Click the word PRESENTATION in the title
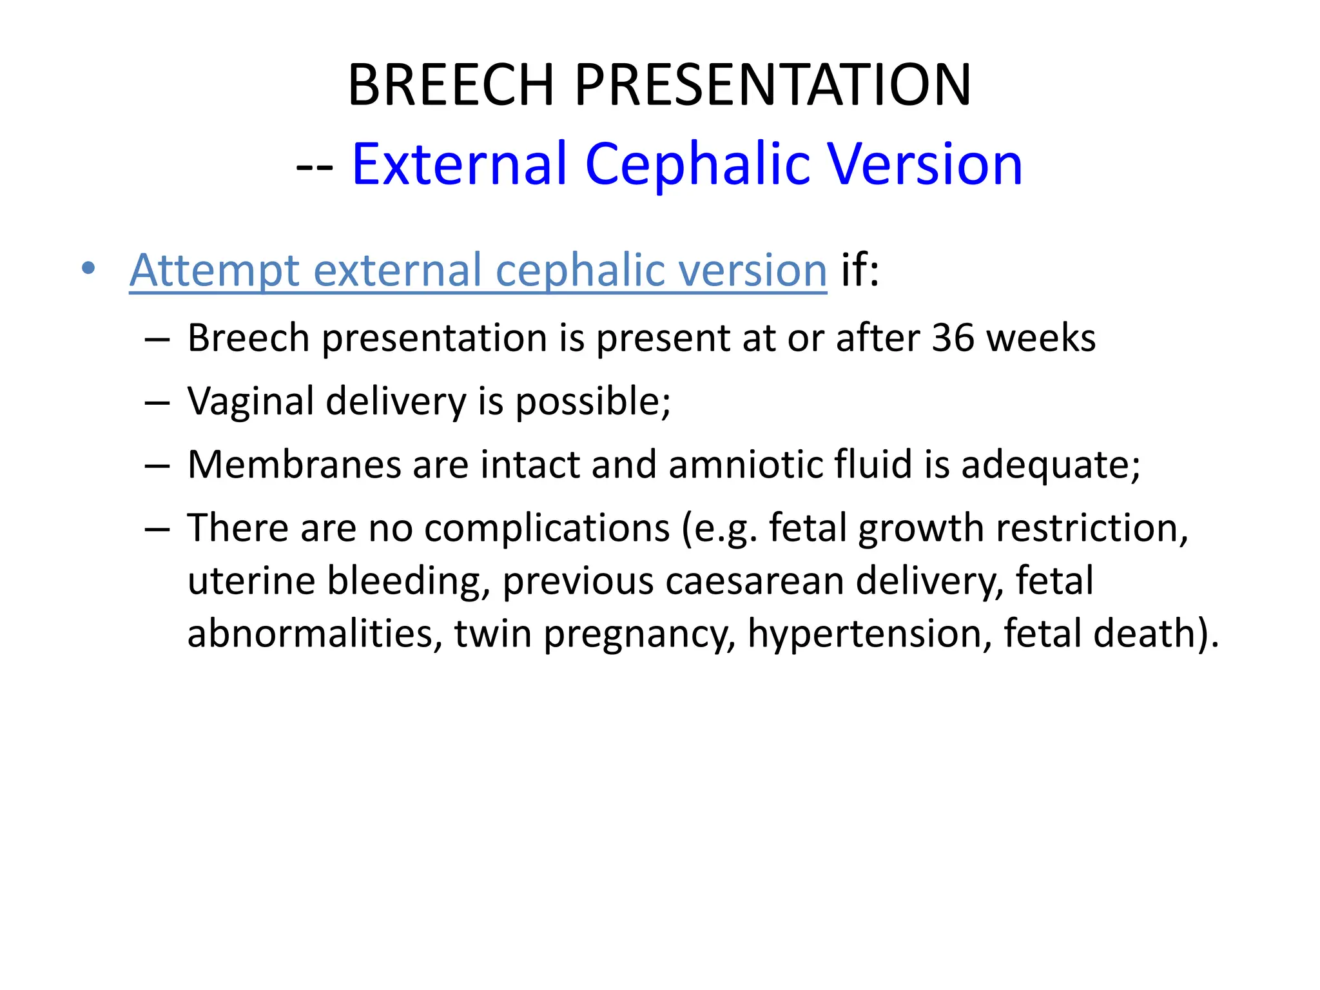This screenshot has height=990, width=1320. click(x=772, y=85)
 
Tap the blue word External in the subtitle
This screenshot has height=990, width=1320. click(x=460, y=164)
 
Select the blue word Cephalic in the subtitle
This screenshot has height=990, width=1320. click(x=697, y=164)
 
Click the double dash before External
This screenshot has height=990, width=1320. click(x=315, y=166)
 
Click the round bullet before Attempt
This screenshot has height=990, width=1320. click(x=88, y=268)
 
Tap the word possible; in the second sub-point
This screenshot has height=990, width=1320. click(x=593, y=402)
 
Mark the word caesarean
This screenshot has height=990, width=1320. click(x=754, y=581)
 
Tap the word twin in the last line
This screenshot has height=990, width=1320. click(x=492, y=634)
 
